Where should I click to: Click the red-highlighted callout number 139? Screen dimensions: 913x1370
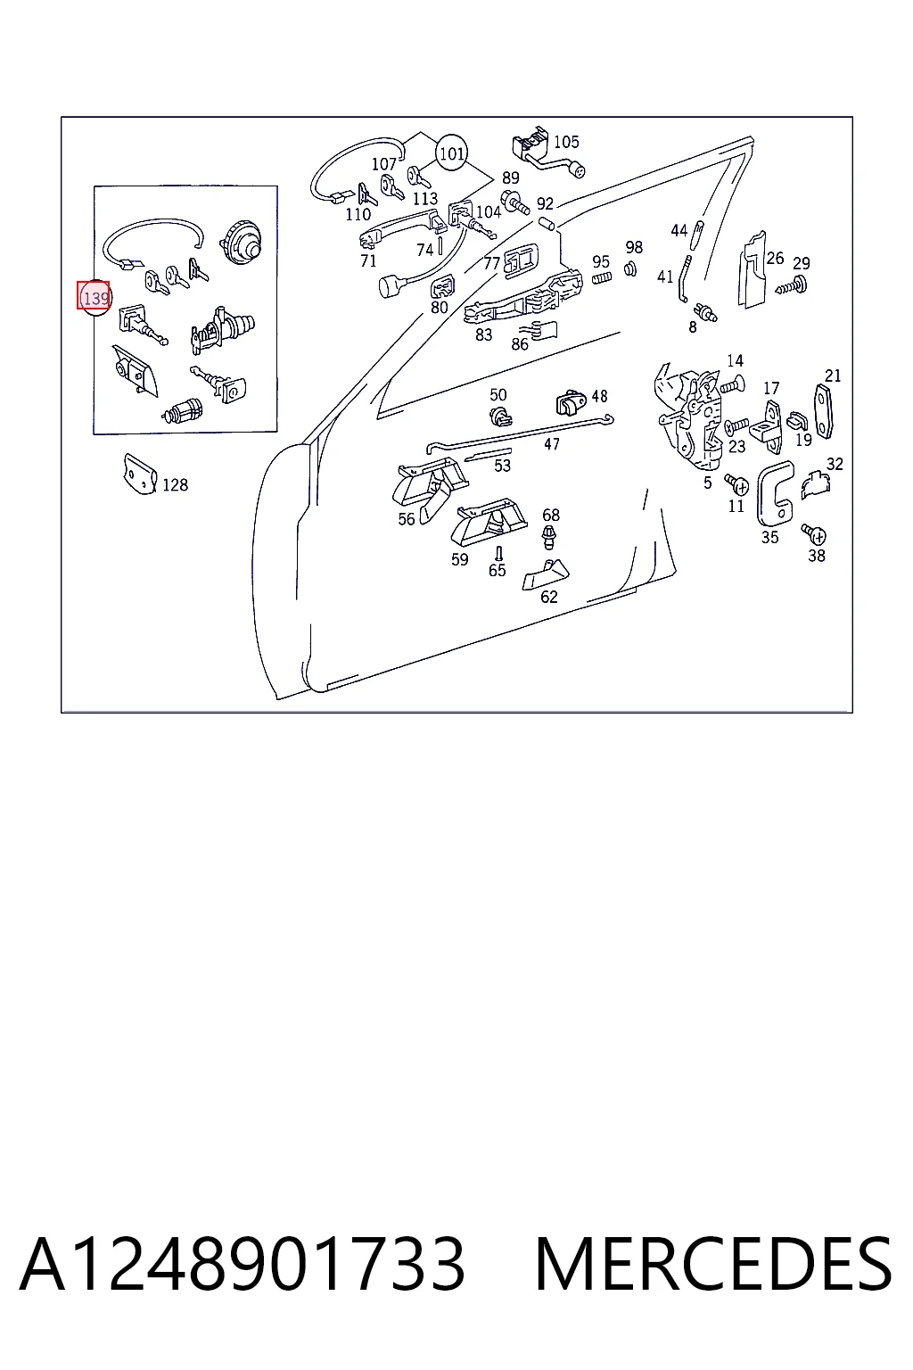pyautogui.click(x=94, y=298)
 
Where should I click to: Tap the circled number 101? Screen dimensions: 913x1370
pyautogui.click(x=451, y=153)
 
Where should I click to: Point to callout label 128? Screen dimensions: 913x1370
pyautogui.click(x=176, y=485)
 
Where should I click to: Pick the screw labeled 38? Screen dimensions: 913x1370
pyautogui.click(x=815, y=534)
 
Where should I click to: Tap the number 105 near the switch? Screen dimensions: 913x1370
pyautogui.click(x=566, y=142)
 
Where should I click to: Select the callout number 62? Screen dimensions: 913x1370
pyautogui.click(x=549, y=597)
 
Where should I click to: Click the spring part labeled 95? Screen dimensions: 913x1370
pyautogui.click(x=602, y=279)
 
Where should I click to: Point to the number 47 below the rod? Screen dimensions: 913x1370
pyautogui.click(x=552, y=444)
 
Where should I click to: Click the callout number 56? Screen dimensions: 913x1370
pyautogui.click(x=407, y=519)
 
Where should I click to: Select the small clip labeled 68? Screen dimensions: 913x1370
pyautogui.click(x=549, y=536)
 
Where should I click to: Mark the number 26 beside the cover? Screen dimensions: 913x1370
pyautogui.click(x=775, y=258)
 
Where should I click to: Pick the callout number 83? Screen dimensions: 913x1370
pyautogui.click(x=484, y=335)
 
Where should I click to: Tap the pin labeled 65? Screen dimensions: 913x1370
pyautogui.click(x=498, y=554)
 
